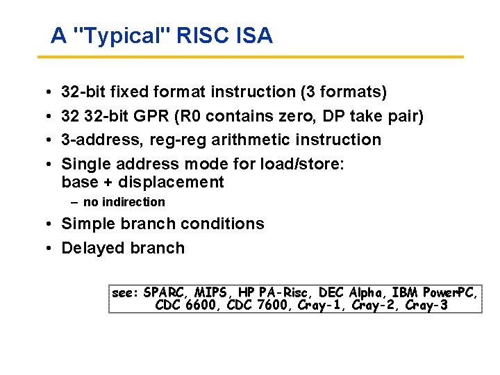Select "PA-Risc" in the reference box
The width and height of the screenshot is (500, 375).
[x=285, y=292]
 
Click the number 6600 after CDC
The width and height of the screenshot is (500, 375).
[x=201, y=306]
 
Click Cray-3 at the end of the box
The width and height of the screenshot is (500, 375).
[x=426, y=306]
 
